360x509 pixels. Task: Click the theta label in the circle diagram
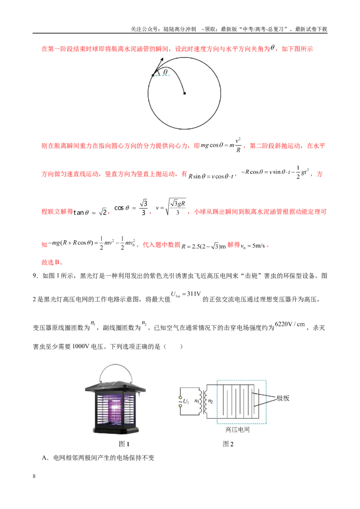166,72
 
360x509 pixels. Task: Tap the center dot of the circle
184,93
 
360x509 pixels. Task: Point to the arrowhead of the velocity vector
161,60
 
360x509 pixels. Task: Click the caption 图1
124,444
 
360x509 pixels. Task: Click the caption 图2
228,444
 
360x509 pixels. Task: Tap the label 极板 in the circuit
283,398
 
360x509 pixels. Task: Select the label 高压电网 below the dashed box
238,429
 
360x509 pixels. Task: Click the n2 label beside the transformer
210,401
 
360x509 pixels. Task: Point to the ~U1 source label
184,401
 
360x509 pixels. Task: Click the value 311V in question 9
194,294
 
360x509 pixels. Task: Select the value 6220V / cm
290,324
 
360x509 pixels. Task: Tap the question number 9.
35,276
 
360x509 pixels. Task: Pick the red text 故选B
52,262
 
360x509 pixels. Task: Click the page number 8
34,476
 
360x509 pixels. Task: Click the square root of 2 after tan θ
103,212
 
